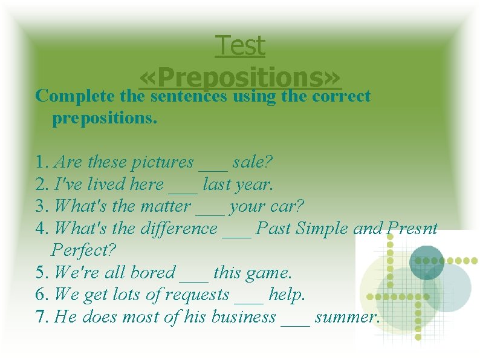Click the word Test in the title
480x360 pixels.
point(240,46)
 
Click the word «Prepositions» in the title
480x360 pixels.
point(240,77)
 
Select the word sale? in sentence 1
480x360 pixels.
point(253,162)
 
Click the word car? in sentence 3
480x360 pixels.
point(288,206)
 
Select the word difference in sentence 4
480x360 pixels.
point(180,228)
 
